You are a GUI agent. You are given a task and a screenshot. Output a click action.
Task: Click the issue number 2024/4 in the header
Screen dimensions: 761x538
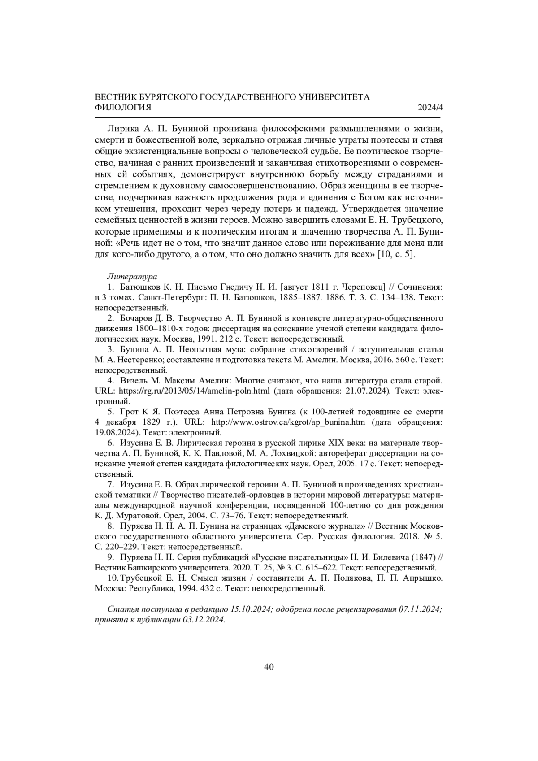click(x=430, y=108)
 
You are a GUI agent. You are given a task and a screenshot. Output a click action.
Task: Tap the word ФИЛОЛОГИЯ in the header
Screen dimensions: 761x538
click(x=123, y=108)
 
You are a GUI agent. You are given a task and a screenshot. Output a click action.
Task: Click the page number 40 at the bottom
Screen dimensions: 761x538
click(x=269, y=666)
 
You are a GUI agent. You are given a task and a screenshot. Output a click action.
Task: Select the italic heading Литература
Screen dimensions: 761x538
click(x=132, y=276)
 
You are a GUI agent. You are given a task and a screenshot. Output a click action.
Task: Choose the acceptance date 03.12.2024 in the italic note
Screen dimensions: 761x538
click(x=204, y=620)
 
